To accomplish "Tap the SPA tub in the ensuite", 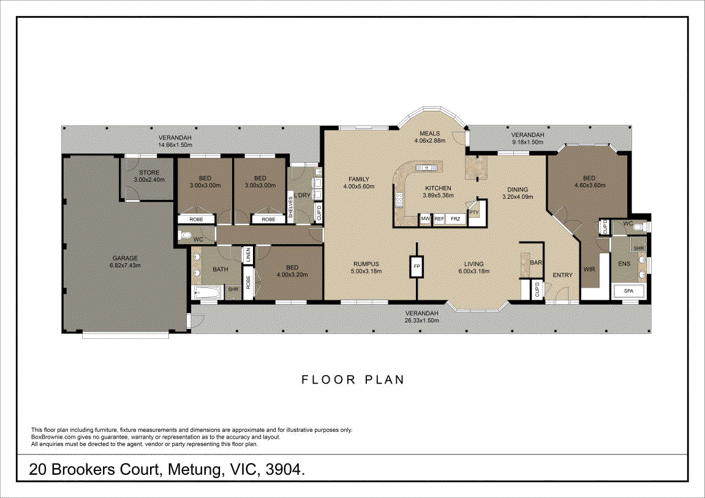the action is (x=628, y=291).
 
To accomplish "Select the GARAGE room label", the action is (x=125, y=258).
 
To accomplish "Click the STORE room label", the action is (x=149, y=173).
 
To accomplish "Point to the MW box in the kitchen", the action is (x=425, y=218).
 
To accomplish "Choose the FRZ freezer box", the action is (x=456, y=218).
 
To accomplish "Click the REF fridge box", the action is (x=439, y=218).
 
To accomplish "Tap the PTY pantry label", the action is (x=474, y=213).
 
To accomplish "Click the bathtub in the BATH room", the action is (x=207, y=293).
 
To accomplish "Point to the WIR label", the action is (x=589, y=269).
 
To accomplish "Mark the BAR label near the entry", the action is (x=536, y=262).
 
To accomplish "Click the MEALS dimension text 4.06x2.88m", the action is (x=430, y=141).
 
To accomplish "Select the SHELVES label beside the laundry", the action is (x=290, y=207).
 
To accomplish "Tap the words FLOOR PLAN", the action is (x=353, y=380).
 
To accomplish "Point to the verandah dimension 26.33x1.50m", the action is (x=422, y=321).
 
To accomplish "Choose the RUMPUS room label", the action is (x=366, y=264).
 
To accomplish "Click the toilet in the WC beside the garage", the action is (x=185, y=235).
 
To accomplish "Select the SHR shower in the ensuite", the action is (x=638, y=248).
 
